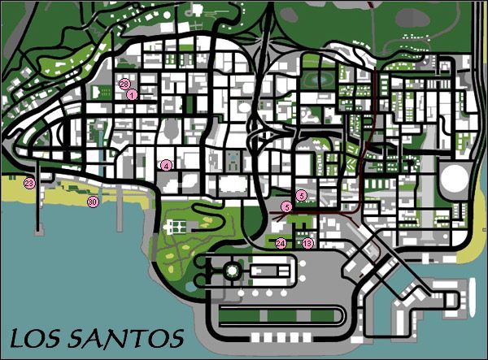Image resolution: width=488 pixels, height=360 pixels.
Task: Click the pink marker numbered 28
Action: click(x=124, y=84)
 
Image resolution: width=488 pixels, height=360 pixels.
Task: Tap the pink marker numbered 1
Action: click(x=131, y=94)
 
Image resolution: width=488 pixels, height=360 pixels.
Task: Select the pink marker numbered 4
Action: click(x=166, y=165)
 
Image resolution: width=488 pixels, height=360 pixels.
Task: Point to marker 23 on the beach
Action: click(x=29, y=184)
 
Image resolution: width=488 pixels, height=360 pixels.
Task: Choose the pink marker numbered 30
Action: click(x=93, y=202)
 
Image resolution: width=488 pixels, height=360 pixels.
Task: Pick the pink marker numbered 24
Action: click(x=281, y=242)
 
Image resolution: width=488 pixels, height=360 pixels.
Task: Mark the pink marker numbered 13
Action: click(x=307, y=242)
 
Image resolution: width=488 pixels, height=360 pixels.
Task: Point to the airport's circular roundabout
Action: click(x=232, y=269)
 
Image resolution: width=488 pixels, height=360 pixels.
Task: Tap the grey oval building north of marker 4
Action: click(x=172, y=128)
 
